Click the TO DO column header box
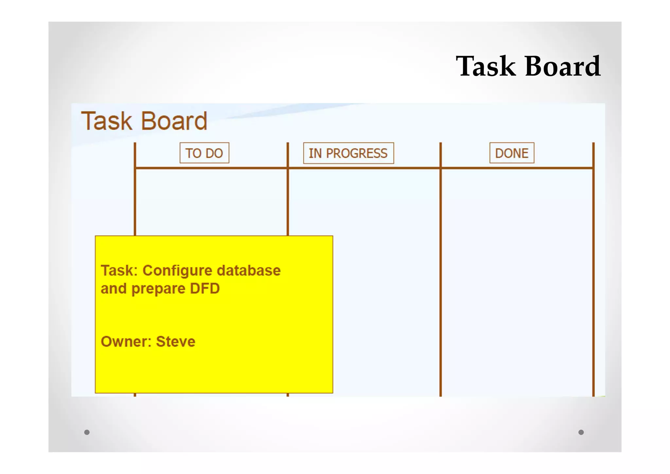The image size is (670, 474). click(204, 153)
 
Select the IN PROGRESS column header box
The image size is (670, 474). click(348, 153)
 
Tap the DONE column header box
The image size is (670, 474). click(512, 153)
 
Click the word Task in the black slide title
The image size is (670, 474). click(486, 66)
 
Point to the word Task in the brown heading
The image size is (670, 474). click(107, 121)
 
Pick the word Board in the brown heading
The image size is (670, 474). click(174, 121)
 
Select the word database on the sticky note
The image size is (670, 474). click(249, 271)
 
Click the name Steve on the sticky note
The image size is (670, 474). click(176, 342)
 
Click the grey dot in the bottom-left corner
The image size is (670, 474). click(87, 432)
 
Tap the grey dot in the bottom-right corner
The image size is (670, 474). click(581, 432)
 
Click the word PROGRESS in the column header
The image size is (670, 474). click(357, 153)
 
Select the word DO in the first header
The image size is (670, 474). click(214, 153)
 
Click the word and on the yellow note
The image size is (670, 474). click(113, 289)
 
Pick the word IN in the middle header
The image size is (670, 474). click(315, 153)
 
